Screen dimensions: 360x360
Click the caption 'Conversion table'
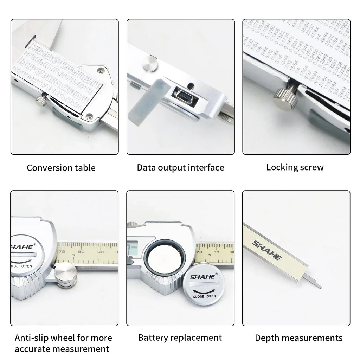[61, 168]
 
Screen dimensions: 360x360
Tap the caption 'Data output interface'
[180, 167]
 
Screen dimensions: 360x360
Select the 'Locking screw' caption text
[295, 167]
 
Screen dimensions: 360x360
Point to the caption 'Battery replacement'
[180, 338]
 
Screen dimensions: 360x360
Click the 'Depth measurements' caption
[298, 338]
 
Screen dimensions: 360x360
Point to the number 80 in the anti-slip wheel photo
[81, 251]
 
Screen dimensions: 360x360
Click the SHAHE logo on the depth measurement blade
[267, 249]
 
